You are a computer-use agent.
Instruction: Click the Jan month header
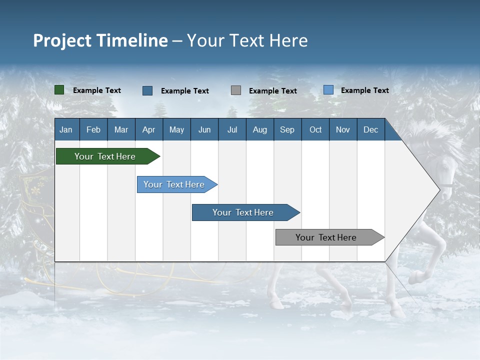coord(66,130)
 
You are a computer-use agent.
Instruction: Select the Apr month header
coord(148,130)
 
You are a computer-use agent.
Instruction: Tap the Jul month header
coord(232,130)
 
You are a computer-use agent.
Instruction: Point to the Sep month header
coord(287,130)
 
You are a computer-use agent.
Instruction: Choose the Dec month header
coord(370,130)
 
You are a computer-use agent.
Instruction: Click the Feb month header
coord(93,130)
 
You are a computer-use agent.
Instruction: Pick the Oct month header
coord(315,130)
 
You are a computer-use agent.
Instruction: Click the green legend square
coord(59,90)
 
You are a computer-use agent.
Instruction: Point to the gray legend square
coord(236,90)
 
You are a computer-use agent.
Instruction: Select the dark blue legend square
coord(147,90)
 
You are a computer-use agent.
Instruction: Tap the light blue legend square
coord(328,90)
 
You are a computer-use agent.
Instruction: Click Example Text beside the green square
coord(97,90)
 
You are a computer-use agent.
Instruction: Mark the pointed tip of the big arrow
coord(439,189)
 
